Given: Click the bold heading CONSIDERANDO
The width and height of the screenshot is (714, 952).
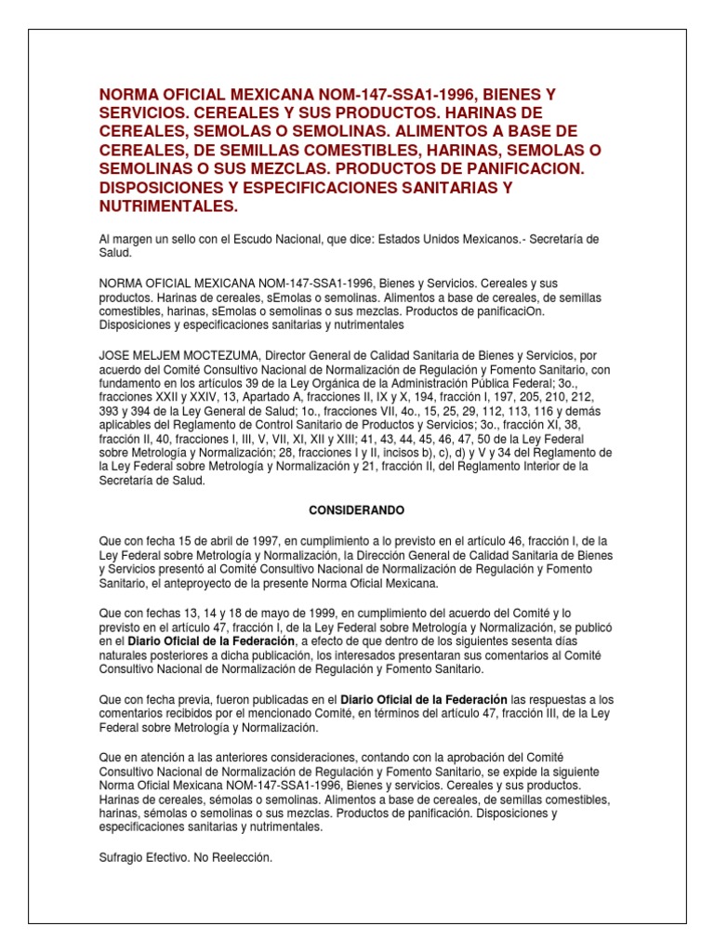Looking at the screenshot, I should [356, 509].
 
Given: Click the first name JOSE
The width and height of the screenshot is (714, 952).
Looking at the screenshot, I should [114, 354].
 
